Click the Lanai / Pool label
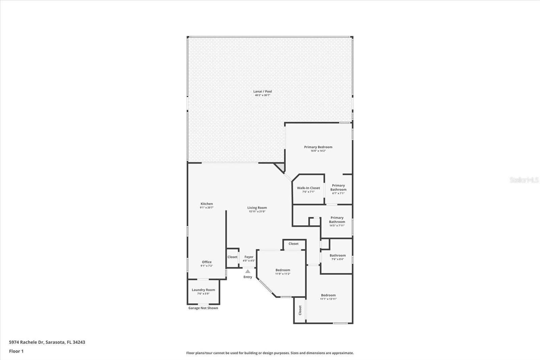coord(263,91)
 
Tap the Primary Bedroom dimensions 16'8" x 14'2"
coord(318,151)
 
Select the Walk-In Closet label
coord(308,188)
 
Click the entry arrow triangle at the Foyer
coord(248,271)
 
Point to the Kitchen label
coord(207,204)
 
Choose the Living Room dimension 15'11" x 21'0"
coord(257,211)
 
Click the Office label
coord(207,262)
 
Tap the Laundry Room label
coord(203,290)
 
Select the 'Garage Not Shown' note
coord(203,308)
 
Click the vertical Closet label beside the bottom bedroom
coord(300,310)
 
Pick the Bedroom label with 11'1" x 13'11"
coord(328,295)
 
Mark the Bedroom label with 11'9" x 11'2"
coord(282,270)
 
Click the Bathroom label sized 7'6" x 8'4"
coord(337,255)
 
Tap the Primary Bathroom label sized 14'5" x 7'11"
coord(337,220)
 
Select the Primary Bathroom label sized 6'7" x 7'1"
coord(338,187)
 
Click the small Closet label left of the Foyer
coord(232,257)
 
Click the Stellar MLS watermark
coord(524,180)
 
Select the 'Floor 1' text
coord(16,351)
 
